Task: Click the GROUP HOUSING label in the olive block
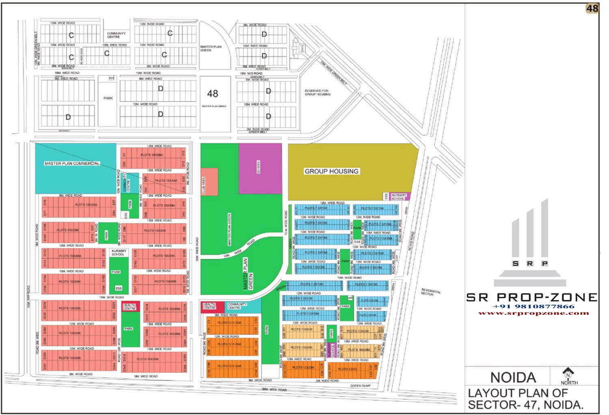(331, 171)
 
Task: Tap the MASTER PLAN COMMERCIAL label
(72, 163)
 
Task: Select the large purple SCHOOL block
(260, 168)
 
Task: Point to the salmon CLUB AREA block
(209, 181)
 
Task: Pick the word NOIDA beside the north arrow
(513, 378)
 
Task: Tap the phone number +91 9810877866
(533, 307)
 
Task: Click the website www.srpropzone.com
(533, 313)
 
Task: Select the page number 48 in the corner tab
(592, 8)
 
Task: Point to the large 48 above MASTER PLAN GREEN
(213, 94)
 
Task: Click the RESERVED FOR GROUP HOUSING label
(317, 92)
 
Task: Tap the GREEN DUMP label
(360, 386)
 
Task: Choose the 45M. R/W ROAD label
(28, 297)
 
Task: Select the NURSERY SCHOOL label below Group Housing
(398, 197)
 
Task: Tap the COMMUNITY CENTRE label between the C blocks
(116, 35)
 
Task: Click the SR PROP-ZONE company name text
(532, 297)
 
